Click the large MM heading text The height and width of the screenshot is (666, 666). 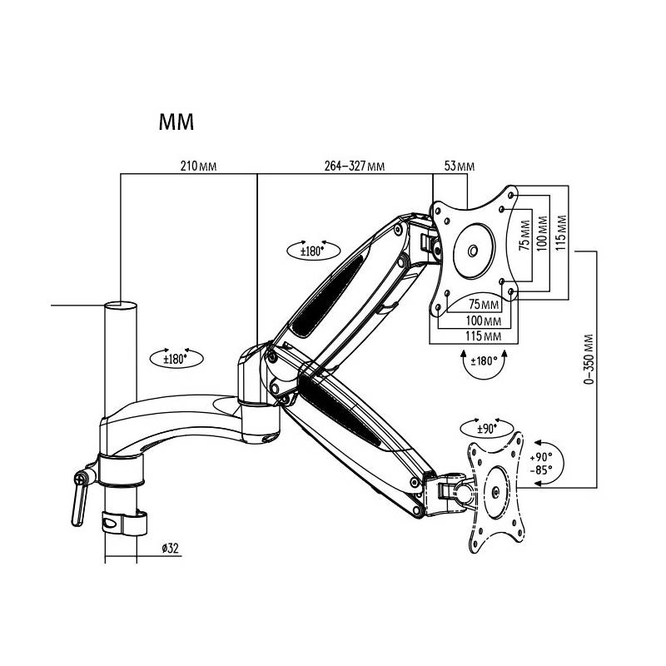pyautogui.click(x=176, y=122)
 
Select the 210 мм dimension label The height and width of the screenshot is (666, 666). pyautogui.click(x=199, y=166)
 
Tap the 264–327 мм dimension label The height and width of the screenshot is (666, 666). pyautogui.click(x=354, y=166)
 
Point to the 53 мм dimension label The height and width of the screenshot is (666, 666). pyautogui.click(x=460, y=166)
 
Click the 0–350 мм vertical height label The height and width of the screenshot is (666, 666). pyautogui.click(x=589, y=360)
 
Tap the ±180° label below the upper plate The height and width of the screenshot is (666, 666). pyautogui.click(x=482, y=361)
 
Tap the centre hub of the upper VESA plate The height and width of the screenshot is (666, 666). pyautogui.click(x=472, y=250)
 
